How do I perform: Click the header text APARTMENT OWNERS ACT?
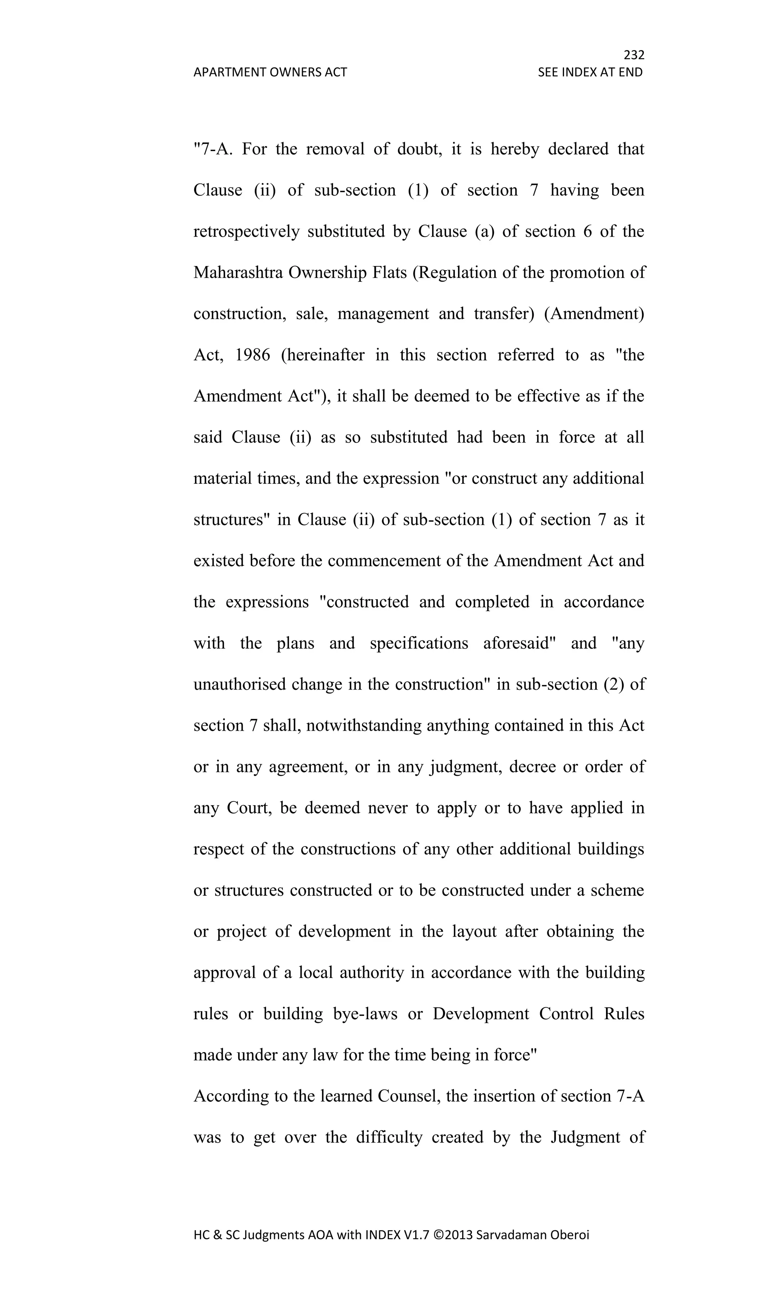point(270,72)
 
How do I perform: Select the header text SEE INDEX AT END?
point(590,72)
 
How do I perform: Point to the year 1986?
point(252,355)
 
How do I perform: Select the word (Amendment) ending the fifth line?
point(594,314)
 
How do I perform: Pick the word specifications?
point(419,643)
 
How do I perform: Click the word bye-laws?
point(366,1014)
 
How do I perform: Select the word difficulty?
point(389,1137)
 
